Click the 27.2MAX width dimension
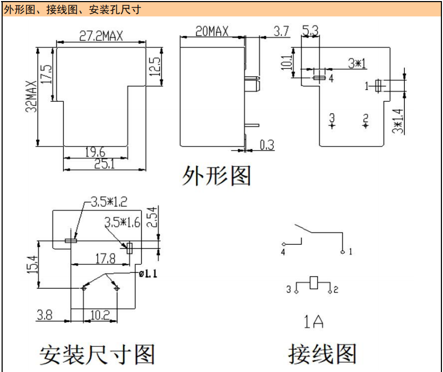pos(101,36)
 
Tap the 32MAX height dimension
pos(31,96)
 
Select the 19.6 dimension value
pos(95,152)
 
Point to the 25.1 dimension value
pos(104,164)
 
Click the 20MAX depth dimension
pos(212,31)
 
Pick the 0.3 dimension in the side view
pos(267,145)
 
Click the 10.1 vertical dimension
pos(286,63)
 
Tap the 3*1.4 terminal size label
pos(398,121)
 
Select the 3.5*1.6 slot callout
pos(122,222)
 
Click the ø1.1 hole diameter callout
pos(148,273)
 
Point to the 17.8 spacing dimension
pos(105,259)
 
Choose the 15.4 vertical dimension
pos(32,264)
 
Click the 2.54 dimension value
pos(152,217)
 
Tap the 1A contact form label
pos(313,322)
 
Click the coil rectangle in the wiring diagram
pos(314,282)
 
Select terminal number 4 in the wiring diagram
pos(283,252)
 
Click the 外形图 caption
pos(216,176)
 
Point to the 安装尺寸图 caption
pos(97,355)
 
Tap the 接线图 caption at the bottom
pos(322,354)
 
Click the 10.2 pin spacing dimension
pos(100,315)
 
